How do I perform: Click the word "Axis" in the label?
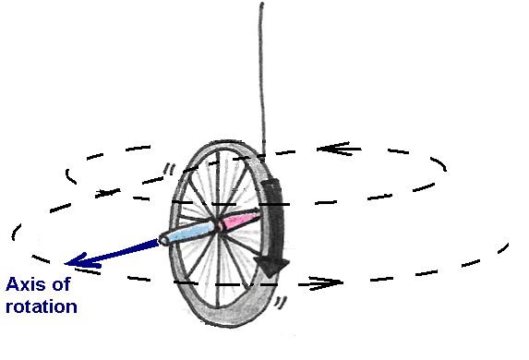26,286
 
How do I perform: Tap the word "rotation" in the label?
41,306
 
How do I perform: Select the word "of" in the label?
61,286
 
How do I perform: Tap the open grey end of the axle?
164,241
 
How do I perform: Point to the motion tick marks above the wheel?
167,169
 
